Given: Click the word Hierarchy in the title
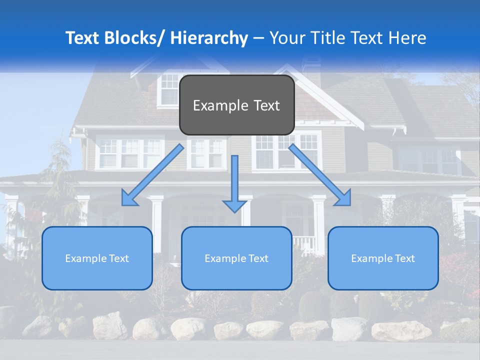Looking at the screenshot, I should [209, 38].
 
